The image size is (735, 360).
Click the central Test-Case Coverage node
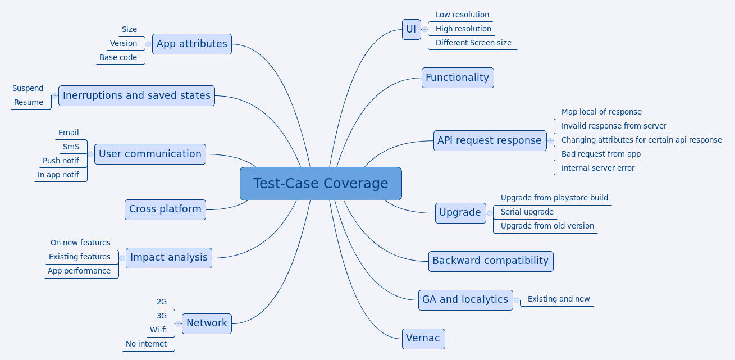[x=321, y=184]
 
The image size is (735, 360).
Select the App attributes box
[x=192, y=44]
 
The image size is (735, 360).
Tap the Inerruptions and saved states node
[x=136, y=95]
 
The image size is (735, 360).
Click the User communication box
[x=150, y=154]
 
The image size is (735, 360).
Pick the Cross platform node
[x=165, y=209]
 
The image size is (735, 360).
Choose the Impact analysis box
[x=169, y=258]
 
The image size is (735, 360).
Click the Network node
[x=207, y=323]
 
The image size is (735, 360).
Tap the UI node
[x=411, y=29]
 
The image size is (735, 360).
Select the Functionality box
[x=457, y=78]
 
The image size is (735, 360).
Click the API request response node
[x=490, y=140]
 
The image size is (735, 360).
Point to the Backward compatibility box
[x=490, y=261]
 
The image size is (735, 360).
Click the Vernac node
[x=423, y=339]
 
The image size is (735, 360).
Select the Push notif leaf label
[x=61, y=161]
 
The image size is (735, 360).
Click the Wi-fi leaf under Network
[x=158, y=330]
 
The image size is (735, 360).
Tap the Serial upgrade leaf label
[x=527, y=212]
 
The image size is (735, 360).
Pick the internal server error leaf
[x=597, y=168]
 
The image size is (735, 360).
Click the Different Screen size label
[x=473, y=43]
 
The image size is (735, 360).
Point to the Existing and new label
[x=559, y=299]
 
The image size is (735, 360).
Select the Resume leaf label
[x=29, y=102]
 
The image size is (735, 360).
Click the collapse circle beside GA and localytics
[x=517, y=300]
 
